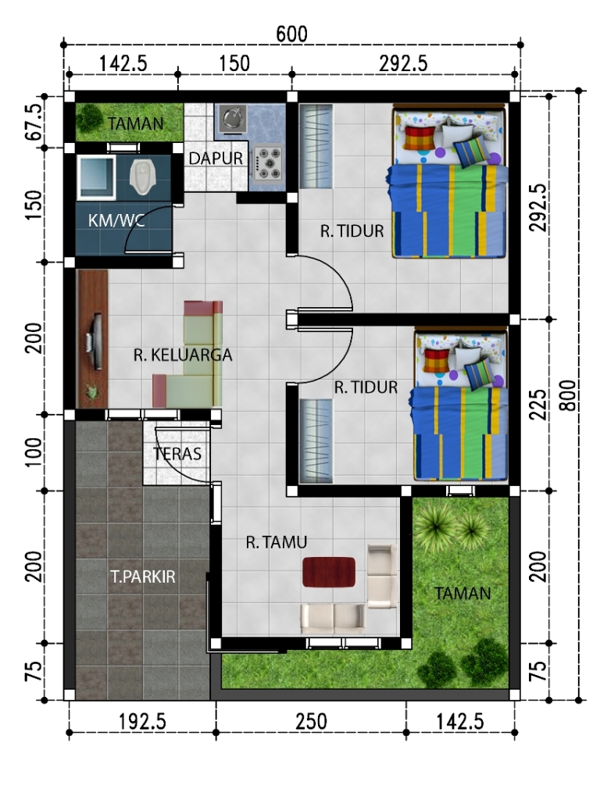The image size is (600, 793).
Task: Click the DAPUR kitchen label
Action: click(216, 159)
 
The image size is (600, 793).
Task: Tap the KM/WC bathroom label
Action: click(116, 220)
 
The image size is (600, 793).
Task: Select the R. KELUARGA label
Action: click(183, 355)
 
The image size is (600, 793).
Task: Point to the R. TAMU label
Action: click(277, 542)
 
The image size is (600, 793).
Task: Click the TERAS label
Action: click(177, 454)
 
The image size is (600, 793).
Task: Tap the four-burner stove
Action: click(267, 163)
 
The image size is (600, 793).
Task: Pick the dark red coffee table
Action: click(328, 572)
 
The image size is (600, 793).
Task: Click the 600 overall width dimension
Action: click(291, 34)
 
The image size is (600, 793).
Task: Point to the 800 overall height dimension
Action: click(569, 395)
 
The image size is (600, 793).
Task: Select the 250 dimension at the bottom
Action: click(311, 721)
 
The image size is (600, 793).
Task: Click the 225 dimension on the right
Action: click(539, 405)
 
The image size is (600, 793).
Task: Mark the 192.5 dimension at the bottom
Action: click(142, 721)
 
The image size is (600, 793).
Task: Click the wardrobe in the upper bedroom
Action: click(316, 146)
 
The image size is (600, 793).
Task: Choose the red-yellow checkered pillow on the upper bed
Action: click(420, 138)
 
